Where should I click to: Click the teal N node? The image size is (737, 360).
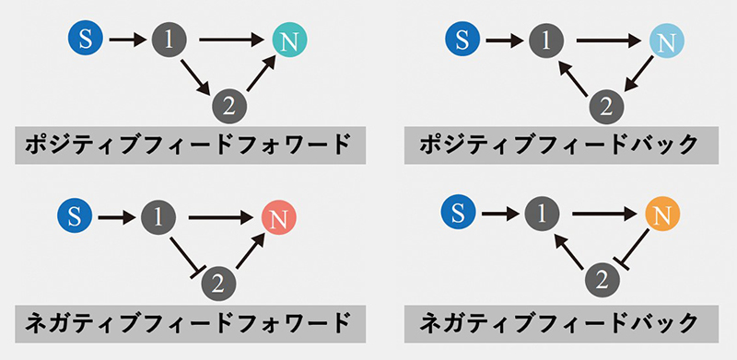point(289,41)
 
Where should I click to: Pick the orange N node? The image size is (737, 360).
point(661,215)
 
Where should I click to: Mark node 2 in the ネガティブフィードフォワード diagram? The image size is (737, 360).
point(216,280)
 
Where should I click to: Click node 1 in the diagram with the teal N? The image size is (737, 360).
point(170,40)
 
